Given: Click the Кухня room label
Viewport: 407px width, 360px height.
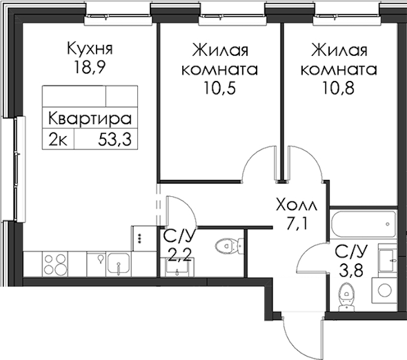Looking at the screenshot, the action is (x=90, y=49).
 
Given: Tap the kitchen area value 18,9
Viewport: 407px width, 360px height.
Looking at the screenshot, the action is (x=89, y=68).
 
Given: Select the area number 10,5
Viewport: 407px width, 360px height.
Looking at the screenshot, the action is (x=219, y=89).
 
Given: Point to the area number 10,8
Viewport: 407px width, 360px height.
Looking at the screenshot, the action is (x=339, y=89).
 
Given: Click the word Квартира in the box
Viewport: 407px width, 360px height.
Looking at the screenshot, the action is (x=90, y=118).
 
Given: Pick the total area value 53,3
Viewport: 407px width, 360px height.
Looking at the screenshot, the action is (x=114, y=139).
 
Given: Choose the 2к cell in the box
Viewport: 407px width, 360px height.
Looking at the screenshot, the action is (x=58, y=139).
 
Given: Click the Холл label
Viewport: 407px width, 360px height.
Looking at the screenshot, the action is (x=297, y=205).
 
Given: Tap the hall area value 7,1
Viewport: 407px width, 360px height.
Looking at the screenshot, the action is (x=297, y=224).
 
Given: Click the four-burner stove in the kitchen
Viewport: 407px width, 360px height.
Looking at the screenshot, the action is (x=55, y=263).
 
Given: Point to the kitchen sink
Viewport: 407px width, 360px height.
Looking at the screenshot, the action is (x=118, y=263).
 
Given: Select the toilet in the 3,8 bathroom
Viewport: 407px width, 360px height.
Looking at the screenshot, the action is (x=346, y=296).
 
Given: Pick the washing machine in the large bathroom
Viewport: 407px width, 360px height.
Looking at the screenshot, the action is (x=384, y=290).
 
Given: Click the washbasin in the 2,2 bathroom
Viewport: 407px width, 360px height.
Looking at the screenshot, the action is (x=177, y=267).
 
